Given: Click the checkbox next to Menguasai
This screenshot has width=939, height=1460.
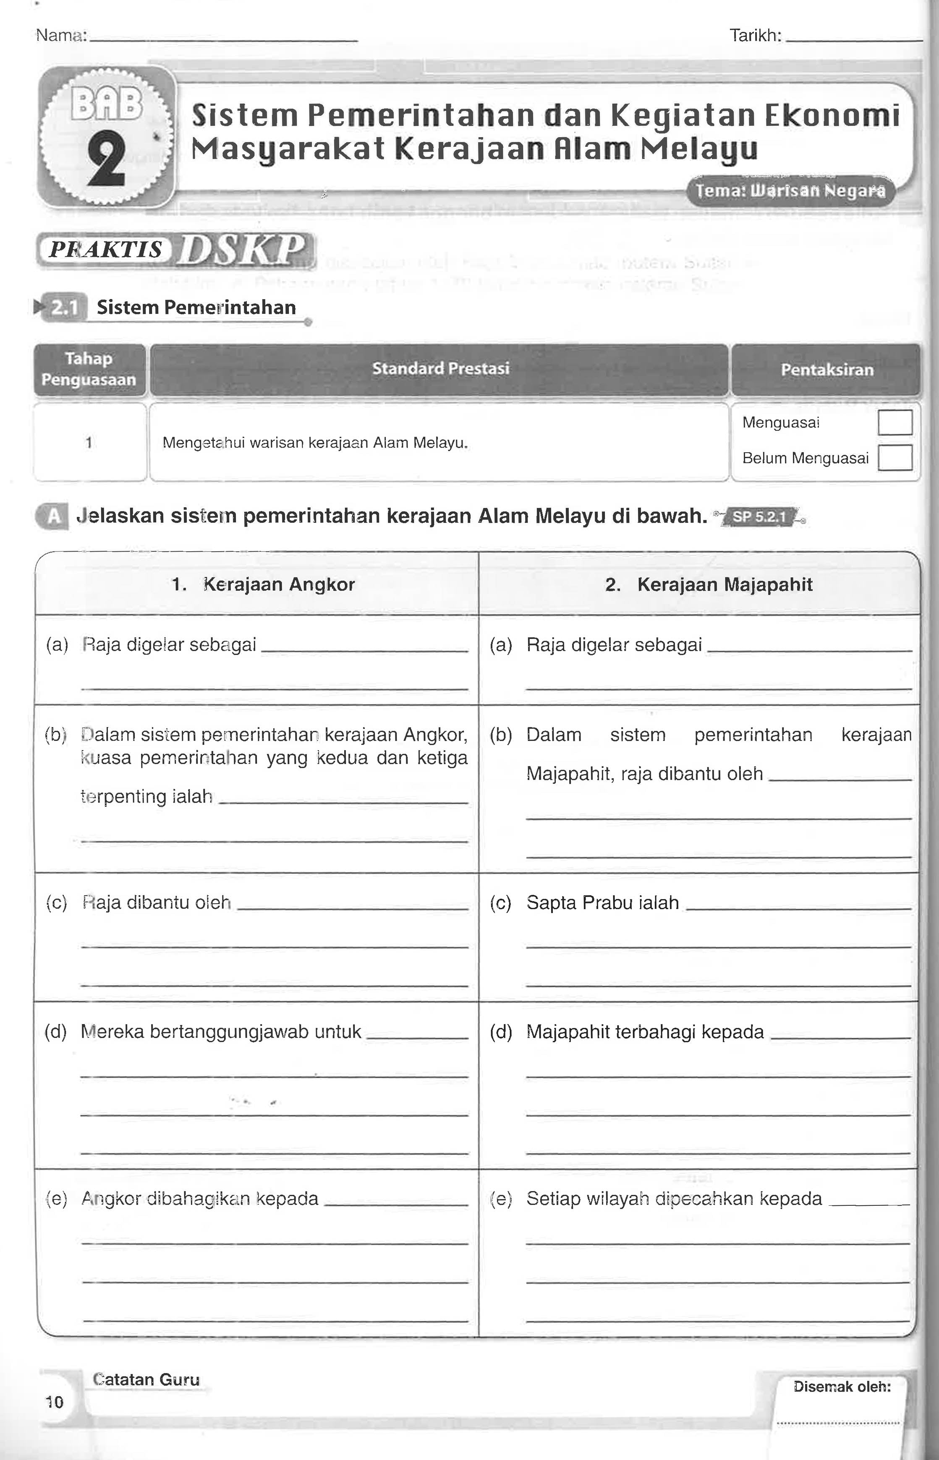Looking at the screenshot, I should point(895,423).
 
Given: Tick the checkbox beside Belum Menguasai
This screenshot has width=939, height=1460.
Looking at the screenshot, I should point(895,458).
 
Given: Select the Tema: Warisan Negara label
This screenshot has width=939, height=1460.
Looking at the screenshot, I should point(790,191).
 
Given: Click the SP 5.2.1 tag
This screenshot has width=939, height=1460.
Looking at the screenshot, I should point(759,517).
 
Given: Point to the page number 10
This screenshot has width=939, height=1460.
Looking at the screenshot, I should point(54,1402).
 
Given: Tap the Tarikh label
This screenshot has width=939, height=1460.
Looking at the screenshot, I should point(755,36).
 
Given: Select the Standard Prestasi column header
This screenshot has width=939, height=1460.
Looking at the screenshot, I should point(440,369).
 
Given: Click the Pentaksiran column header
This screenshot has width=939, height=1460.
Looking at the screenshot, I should point(827,370).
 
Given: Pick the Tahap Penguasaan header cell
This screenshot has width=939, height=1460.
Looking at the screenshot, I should point(89,369).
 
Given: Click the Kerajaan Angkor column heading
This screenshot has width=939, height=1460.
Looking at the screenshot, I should point(264,585).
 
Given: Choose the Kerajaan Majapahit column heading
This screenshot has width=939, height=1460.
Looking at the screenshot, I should point(709,585).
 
